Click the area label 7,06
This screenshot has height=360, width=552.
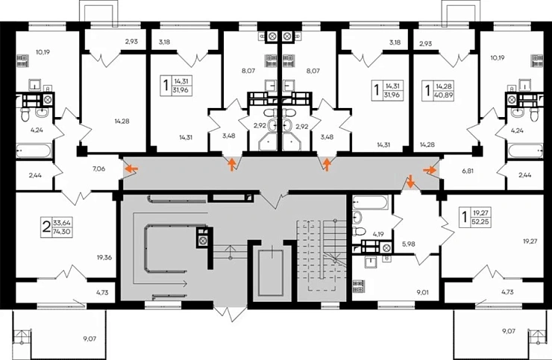98,170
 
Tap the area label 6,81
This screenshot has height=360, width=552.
468,169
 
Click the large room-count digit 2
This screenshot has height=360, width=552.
46,226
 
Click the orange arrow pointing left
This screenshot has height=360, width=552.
131,169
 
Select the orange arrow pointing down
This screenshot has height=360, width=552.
409,181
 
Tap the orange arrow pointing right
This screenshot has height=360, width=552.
431,169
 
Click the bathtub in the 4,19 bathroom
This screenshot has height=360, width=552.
369,202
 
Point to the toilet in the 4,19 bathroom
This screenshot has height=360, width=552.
357,218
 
